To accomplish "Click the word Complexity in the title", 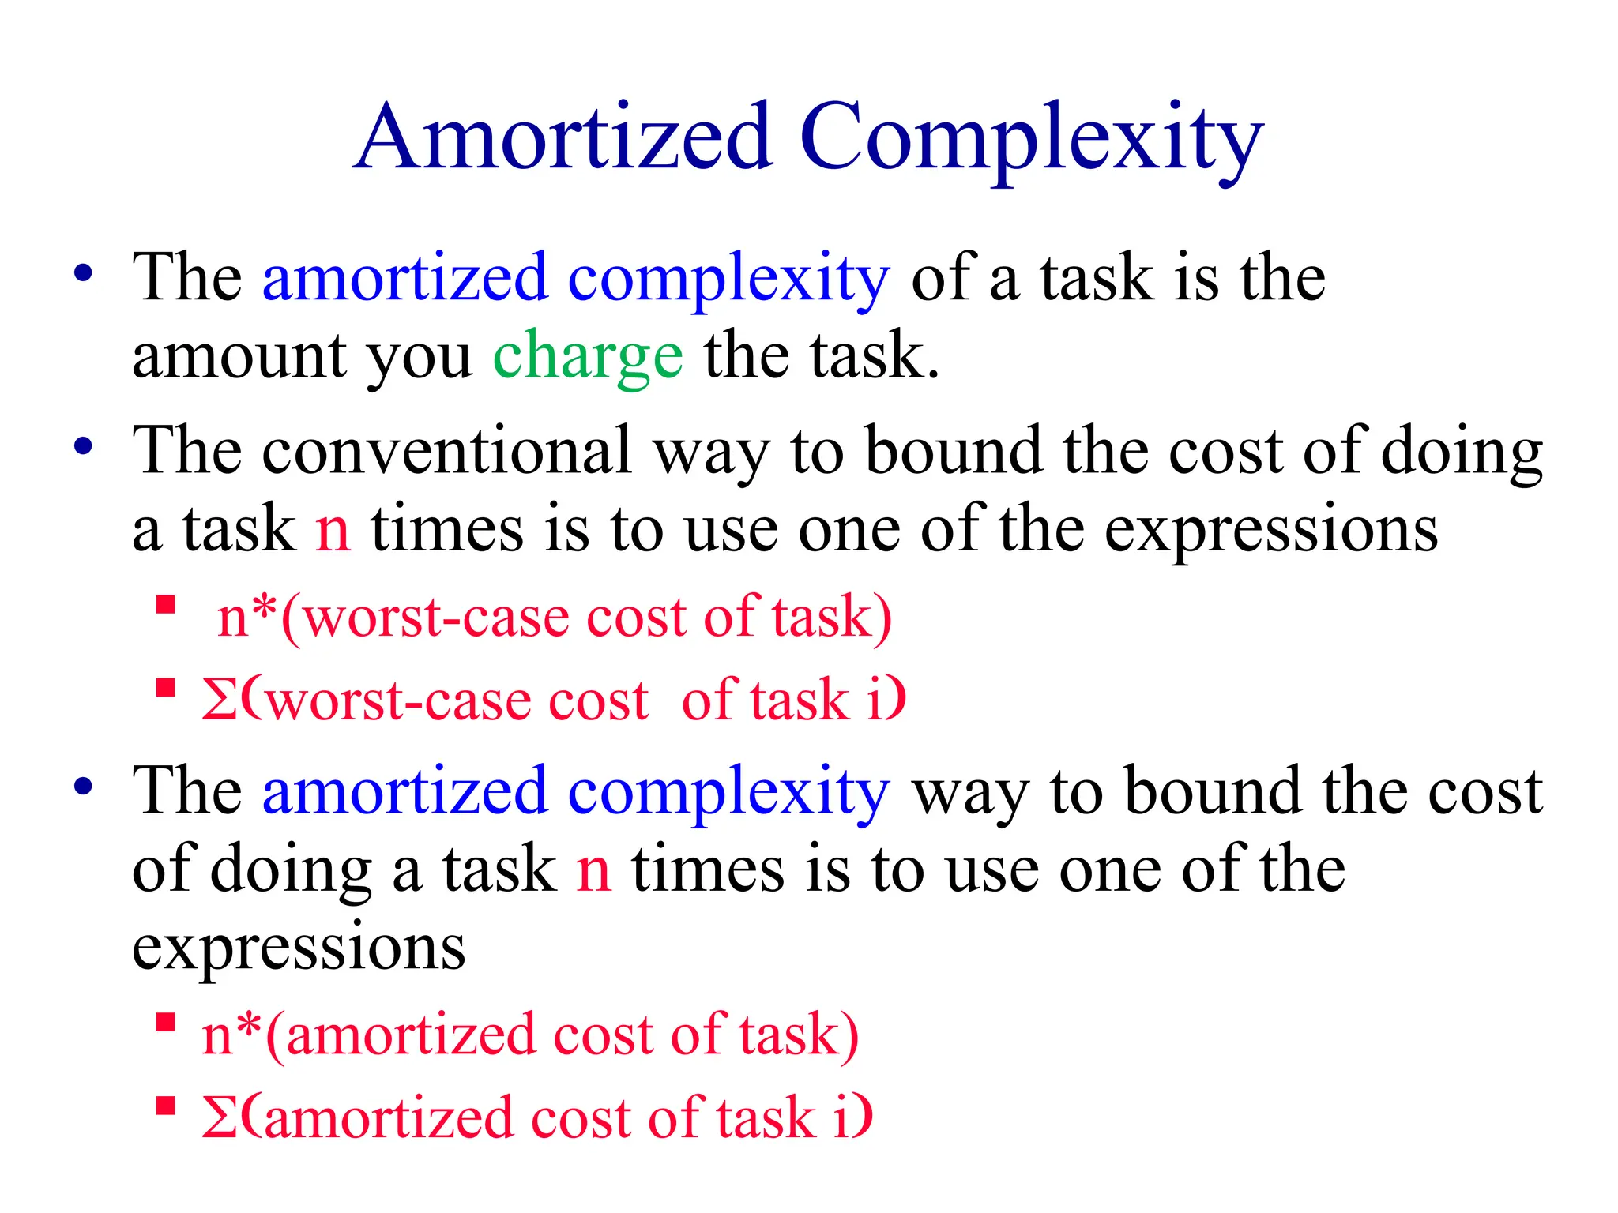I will [1032, 139].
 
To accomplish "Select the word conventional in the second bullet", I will [446, 450].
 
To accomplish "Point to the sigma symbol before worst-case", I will [219, 700].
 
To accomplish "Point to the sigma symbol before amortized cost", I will [219, 1117].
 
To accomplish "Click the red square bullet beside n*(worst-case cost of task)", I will [165, 606].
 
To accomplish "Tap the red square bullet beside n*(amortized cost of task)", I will [165, 1023].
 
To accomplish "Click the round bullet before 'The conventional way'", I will [83, 447].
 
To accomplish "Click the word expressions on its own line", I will [299, 948].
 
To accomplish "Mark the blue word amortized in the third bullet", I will [404, 791].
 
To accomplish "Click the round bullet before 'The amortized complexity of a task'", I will [83, 273].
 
